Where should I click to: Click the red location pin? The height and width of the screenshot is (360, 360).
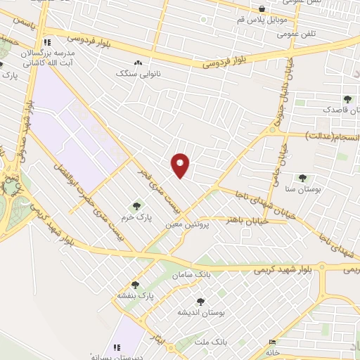pyautogui.click(x=180, y=164)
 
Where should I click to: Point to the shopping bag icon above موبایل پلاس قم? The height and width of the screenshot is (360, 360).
pyautogui.click(x=262, y=9)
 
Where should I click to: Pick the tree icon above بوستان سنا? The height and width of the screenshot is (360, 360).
pyautogui.click(x=302, y=179)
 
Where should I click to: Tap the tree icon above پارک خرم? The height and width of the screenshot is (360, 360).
pyautogui.click(x=137, y=206)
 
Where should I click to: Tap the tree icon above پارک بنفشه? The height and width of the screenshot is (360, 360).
pyautogui.click(x=135, y=285)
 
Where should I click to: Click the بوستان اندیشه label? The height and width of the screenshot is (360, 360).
pyautogui.click(x=191, y=311)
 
